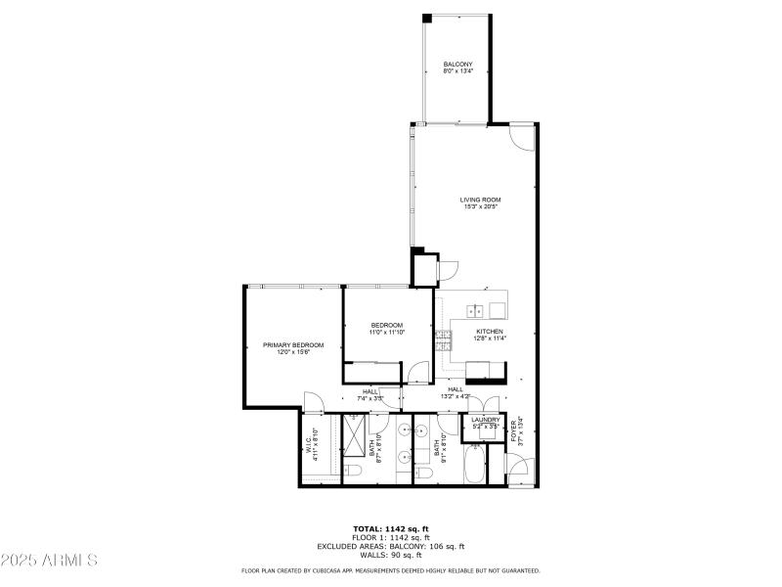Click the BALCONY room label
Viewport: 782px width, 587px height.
point(457,66)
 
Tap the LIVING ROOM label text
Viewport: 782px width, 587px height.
point(480,200)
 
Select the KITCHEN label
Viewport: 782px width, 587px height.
point(490,332)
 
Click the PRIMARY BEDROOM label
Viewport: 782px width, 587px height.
point(293,345)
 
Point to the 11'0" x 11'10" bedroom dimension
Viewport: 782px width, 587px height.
point(386,333)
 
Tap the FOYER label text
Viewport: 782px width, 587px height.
point(514,431)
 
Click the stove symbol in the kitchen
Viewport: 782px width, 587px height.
point(445,341)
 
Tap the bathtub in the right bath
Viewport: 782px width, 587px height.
point(474,465)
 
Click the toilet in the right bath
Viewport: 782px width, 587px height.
point(423,474)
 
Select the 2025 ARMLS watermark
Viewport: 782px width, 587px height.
point(49,561)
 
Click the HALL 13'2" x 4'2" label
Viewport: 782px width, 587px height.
point(456,392)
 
